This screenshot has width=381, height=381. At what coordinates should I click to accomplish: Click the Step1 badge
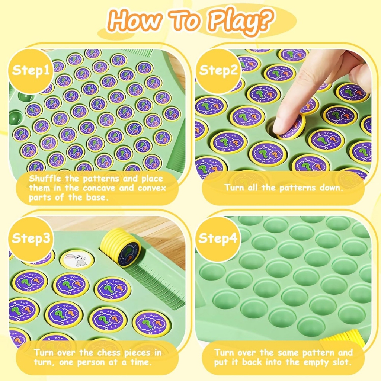click(x=31, y=70)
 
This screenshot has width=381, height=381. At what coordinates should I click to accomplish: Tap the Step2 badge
click(x=218, y=70)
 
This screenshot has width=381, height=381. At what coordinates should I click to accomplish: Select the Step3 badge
click(x=31, y=238)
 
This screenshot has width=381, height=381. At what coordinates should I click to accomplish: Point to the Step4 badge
click(x=218, y=238)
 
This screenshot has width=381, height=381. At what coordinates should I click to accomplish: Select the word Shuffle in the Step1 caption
click(x=45, y=179)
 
